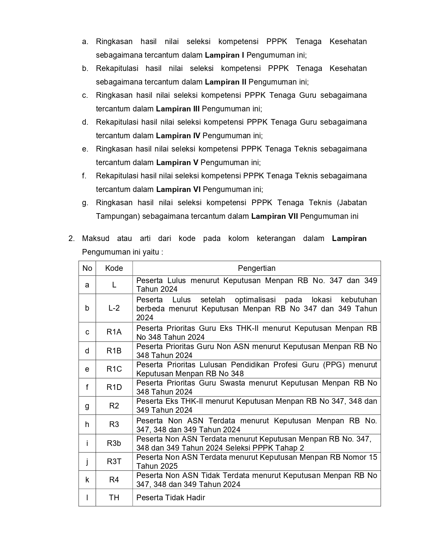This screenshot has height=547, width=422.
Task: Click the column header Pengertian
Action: [x=257, y=268]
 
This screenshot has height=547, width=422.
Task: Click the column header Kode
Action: [x=114, y=268]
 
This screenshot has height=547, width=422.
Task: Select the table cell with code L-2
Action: [x=114, y=308]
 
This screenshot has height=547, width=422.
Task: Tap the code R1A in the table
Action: [x=114, y=332]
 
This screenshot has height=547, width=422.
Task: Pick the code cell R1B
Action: [x=114, y=351]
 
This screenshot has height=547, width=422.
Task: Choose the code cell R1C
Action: [x=114, y=369]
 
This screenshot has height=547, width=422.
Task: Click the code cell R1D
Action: [x=114, y=387]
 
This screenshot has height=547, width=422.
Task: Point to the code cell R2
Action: [x=114, y=405]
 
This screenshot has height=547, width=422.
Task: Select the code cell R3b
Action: [x=114, y=443]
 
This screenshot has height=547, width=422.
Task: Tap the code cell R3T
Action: [x=114, y=461]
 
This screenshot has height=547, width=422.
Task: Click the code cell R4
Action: [x=114, y=480]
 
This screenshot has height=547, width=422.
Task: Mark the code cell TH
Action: [x=114, y=497]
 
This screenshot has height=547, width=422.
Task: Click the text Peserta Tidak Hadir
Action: [x=170, y=498]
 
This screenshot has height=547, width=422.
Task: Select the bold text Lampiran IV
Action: [x=178, y=136]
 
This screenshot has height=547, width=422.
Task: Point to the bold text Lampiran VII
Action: [x=274, y=216]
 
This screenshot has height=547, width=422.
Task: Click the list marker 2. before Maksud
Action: [x=71, y=239]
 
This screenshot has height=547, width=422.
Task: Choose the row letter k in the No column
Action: [x=87, y=480]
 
